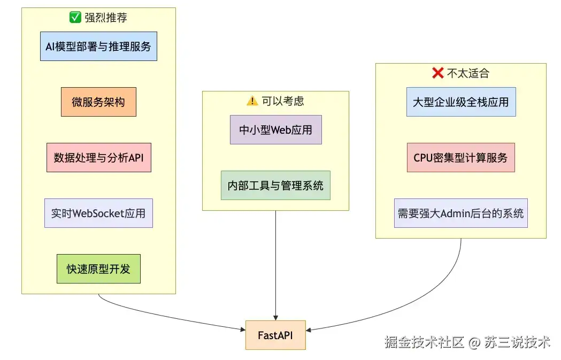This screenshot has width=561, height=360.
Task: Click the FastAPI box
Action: point(275,335)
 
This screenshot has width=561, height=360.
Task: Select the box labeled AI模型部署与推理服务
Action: point(98,46)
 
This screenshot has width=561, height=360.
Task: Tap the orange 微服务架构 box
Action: point(98,102)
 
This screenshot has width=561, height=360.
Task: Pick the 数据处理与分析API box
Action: point(99,157)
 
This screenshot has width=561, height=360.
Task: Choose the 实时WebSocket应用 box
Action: point(98,213)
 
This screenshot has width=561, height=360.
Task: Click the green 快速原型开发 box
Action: point(98,269)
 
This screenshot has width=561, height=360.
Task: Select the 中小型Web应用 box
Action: point(276,129)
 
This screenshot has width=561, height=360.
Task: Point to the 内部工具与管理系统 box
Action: point(275,186)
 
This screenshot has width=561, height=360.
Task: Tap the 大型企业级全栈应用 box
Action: point(461,102)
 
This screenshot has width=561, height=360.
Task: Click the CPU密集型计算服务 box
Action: point(461,157)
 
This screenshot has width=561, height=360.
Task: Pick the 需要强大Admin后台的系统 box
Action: point(461,213)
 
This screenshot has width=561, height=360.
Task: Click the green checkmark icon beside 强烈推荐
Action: point(75,17)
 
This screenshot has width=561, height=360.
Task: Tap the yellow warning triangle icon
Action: point(252,101)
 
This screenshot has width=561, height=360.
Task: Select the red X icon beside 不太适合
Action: point(438,73)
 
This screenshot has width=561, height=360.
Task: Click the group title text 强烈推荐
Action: point(106,18)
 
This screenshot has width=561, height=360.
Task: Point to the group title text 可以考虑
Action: point(283,101)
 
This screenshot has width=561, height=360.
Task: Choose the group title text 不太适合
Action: point(468,73)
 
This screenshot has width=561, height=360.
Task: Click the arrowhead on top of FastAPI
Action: point(275,318)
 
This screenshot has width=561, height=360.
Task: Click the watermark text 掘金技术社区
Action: point(424,342)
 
